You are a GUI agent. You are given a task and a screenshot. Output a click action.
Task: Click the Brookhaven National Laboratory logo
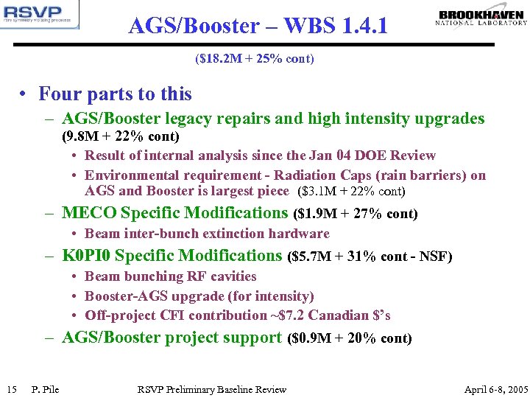481,18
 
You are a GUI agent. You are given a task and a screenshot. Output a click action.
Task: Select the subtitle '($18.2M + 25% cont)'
255,58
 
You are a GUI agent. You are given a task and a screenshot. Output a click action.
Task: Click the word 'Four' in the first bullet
60,94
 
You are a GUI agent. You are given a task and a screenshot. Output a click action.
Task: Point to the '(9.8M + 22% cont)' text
121,137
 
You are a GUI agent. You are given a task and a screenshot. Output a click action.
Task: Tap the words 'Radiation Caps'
382,175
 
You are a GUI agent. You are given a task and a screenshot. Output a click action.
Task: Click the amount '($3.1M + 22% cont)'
351,192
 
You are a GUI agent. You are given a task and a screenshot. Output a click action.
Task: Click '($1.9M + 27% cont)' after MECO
355,214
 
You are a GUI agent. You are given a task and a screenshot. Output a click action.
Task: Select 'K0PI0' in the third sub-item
86,256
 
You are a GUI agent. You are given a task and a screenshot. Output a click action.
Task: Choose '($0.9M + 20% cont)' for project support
350,339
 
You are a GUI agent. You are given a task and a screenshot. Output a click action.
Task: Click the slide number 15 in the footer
11,389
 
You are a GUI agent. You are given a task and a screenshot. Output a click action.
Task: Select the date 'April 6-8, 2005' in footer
496,389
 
